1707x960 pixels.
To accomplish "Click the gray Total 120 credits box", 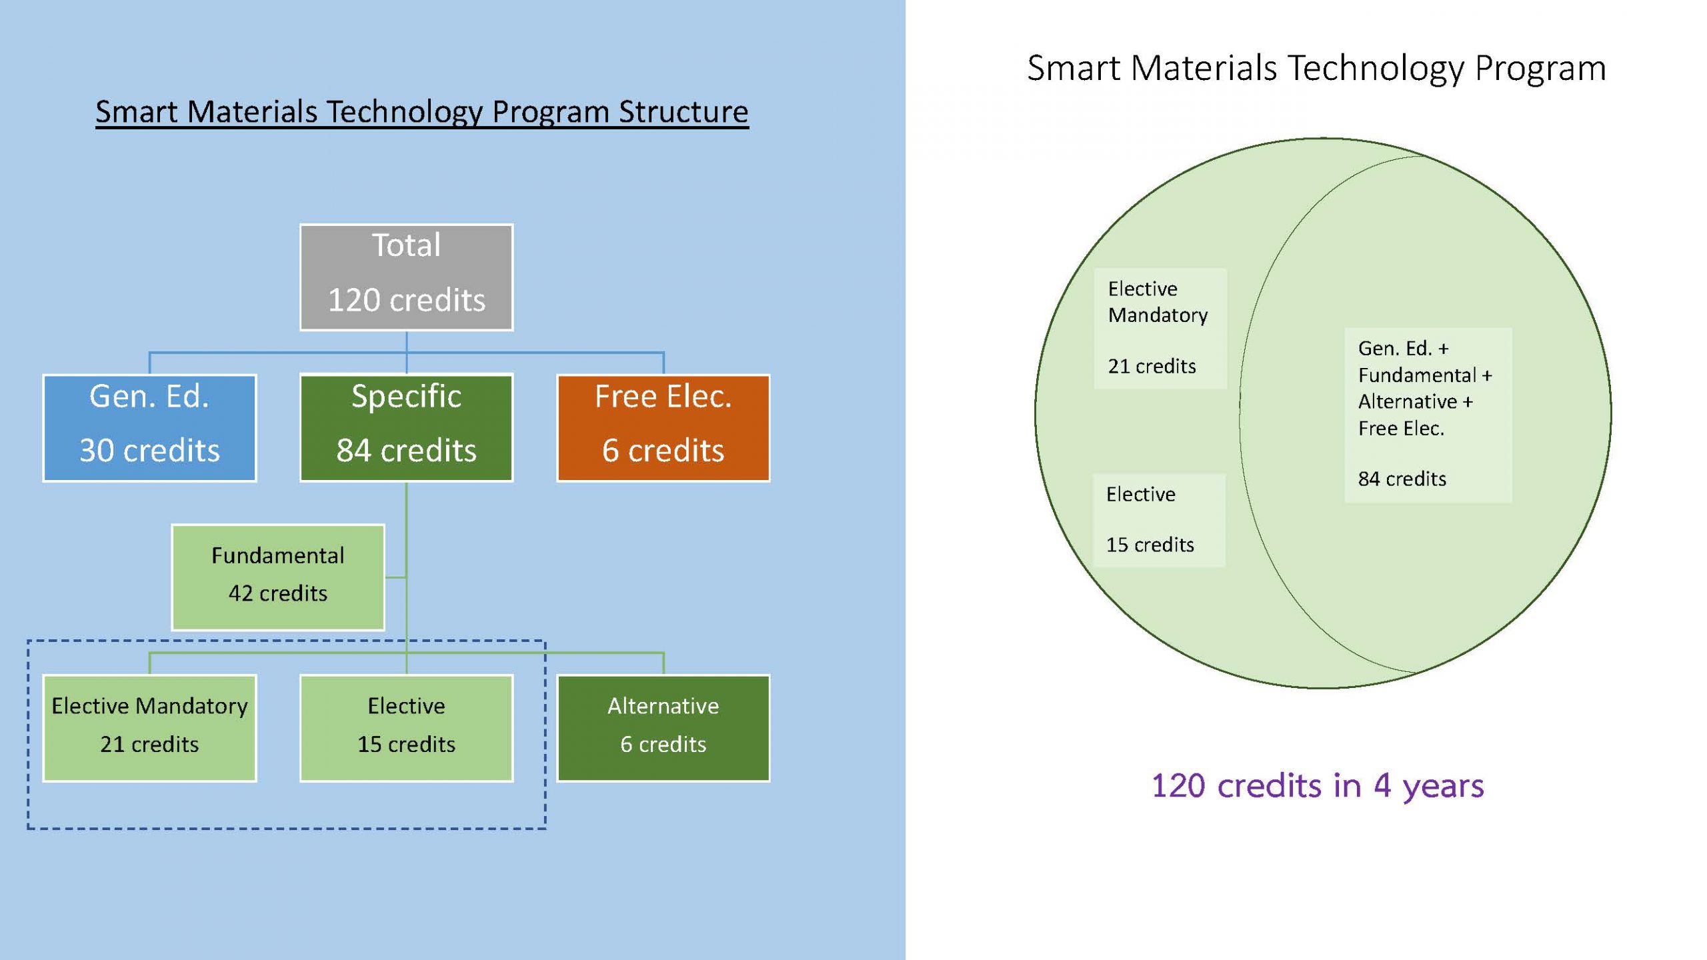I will (406, 277).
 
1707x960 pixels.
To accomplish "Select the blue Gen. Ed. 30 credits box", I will (149, 427).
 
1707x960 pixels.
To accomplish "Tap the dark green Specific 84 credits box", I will (406, 427).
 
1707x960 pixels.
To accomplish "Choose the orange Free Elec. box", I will (663, 427).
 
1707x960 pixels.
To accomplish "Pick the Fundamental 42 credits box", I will (277, 577).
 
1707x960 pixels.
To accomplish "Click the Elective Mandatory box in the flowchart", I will (149, 727).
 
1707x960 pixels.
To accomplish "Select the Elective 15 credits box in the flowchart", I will (406, 727).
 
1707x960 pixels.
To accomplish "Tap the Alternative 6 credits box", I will (663, 727).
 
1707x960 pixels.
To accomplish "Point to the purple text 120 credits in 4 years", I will (1318, 785).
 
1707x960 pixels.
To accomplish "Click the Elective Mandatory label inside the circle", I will (1158, 302).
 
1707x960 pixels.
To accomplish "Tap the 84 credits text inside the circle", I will (1402, 479).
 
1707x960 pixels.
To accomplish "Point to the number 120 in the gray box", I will (353, 300).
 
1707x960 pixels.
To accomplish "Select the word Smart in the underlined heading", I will (137, 111).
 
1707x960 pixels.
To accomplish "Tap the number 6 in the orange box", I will (610, 451).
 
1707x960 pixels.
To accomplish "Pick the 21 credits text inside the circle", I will (1152, 366).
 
